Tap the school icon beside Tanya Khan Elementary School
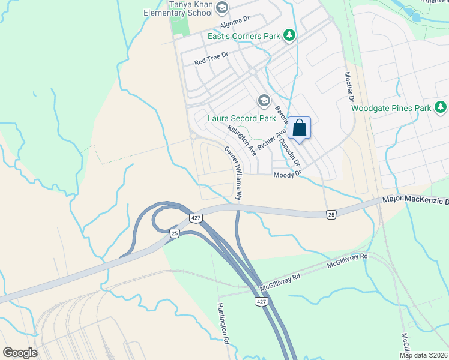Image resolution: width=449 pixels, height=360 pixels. pyautogui.click(x=223, y=7)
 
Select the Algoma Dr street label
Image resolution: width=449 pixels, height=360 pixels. pyautogui.click(x=235, y=24)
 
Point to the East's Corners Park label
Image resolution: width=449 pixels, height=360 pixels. pyautogui.click(x=244, y=37)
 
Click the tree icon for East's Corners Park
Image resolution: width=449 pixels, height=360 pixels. pyautogui.click(x=289, y=36)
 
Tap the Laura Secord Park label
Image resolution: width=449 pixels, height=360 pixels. pyautogui.click(x=241, y=118)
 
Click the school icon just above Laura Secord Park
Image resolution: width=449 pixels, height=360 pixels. pyautogui.click(x=263, y=100)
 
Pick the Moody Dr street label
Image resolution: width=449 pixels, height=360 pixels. pyautogui.click(x=286, y=175)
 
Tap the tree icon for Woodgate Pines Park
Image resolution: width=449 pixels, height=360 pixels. pyautogui.click(x=441, y=107)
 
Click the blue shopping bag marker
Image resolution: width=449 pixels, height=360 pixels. pyautogui.click(x=300, y=128)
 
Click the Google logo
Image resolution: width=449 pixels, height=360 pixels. pyautogui.click(x=20, y=352)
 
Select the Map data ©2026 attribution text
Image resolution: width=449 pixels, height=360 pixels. pyautogui.click(x=423, y=355)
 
